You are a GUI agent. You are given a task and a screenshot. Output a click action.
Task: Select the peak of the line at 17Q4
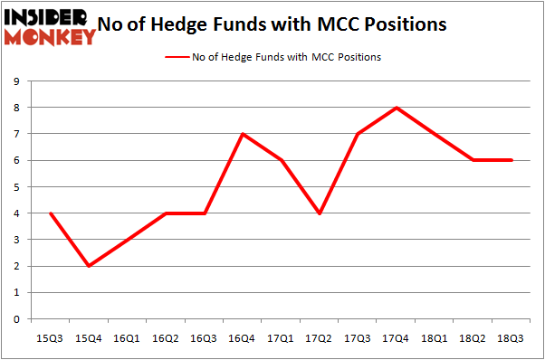point(397,108)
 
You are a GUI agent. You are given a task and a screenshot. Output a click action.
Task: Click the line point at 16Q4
point(242,134)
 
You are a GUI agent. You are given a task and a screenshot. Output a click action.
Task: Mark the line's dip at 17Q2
point(320,213)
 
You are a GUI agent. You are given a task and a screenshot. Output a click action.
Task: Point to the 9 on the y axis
point(17,81)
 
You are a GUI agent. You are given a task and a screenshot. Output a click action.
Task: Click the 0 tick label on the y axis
point(17,319)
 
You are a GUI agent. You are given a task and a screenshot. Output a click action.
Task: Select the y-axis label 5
point(17,187)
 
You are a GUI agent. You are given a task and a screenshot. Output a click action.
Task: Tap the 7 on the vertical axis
point(17,134)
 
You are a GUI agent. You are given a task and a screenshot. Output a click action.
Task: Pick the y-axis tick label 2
point(17,266)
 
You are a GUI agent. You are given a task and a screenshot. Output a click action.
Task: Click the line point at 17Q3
point(359,134)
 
